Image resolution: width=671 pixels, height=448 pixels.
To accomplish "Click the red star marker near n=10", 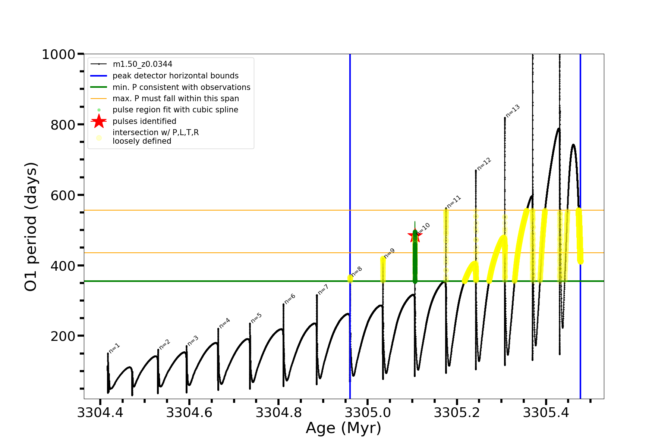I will tap(415, 236).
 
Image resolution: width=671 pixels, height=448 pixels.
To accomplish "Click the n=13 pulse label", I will tap(513, 111).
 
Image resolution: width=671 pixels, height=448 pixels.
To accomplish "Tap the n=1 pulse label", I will tap(114, 348).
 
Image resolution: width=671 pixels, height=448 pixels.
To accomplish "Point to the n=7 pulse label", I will tap(323, 289).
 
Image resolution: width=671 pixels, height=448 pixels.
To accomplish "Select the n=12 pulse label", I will tap(484, 164).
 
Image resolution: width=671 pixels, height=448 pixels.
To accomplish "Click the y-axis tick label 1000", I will tap(59, 55).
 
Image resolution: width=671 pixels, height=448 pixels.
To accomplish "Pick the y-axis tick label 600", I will tap(63, 195).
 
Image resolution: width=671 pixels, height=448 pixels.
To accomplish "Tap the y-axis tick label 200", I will tap(63, 336).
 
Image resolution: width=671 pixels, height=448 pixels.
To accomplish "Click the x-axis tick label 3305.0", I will tap(368, 413).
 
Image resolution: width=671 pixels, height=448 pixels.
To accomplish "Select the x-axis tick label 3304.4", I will tap(100, 413).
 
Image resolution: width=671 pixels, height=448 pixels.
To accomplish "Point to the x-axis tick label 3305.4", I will tap(546, 413).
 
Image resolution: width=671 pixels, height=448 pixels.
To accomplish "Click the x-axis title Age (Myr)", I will tap(343, 428).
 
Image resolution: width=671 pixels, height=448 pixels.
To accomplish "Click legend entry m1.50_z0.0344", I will tap(142, 64).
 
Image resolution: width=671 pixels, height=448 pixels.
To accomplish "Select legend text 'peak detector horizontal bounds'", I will tap(175, 76).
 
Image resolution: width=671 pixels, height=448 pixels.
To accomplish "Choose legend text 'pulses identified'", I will tap(144, 121).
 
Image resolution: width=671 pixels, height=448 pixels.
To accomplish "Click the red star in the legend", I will tap(99, 121).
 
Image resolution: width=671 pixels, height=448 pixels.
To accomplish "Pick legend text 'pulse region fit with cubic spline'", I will tap(175, 110).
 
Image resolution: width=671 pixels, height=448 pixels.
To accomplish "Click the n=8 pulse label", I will tap(356, 271).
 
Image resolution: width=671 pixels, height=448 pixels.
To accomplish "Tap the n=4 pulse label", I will tap(224, 323).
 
